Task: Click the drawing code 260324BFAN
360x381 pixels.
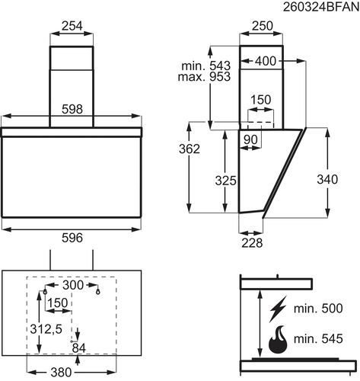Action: click(x=321, y=7)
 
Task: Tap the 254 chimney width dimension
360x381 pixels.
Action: click(x=72, y=26)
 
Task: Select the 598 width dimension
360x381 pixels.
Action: click(x=72, y=109)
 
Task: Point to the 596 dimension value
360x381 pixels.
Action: click(x=72, y=238)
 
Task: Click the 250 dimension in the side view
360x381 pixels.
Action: click(x=263, y=26)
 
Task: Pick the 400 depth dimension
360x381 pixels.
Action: click(x=266, y=61)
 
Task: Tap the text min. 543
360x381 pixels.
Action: click(x=206, y=66)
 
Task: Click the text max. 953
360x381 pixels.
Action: click(x=204, y=77)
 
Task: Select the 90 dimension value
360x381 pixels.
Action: click(x=250, y=139)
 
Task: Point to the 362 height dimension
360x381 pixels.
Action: click(x=190, y=149)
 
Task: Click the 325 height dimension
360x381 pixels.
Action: click(x=225, y=181)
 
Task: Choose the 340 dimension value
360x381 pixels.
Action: click(x=327, y=179)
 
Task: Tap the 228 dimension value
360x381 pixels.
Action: click(x=252, y=243)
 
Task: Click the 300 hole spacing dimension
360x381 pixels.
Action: click(x=73, y=285)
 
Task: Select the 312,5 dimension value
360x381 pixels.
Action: click(x=46, y=329)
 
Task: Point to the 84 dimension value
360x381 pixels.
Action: click(x=79, y=348)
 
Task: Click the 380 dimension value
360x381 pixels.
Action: click(x=61, y=373)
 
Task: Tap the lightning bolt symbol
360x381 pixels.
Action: click(x=278, y=309)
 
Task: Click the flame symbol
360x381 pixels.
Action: click(x=278, y=340)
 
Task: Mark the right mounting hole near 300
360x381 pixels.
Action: click(x=98, y=292)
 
